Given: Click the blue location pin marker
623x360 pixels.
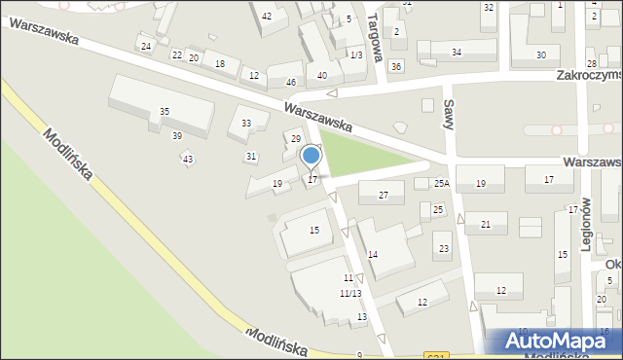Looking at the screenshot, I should pos(311,156).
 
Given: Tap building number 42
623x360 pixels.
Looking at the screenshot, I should pos(267,16).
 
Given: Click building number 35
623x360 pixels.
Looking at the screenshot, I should pos(165,112).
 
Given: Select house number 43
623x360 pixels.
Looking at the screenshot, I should pos(187,159).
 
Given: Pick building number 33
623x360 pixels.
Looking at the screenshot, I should pos(246,124).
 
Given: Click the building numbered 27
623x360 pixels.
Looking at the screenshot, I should pos(384,196).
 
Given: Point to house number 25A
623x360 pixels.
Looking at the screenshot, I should pos(441,184).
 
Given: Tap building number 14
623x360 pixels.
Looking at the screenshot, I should pos(372,254).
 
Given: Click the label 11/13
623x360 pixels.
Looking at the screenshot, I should pos(350,293).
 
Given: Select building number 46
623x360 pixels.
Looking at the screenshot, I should pos(290,82).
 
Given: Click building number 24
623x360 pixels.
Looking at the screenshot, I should pos(145,47).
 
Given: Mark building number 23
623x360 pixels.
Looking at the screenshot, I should pos(444,249).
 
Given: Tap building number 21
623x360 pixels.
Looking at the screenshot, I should pos(485,225).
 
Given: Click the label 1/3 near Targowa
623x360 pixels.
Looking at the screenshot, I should pos(356,55).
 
